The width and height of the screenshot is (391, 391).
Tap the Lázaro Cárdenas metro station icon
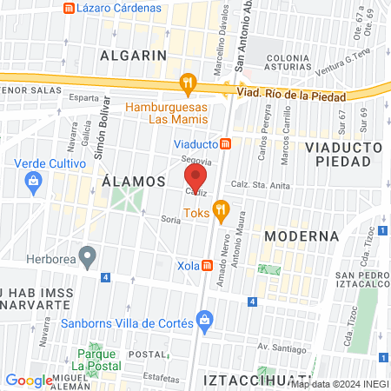[x=70, y=8]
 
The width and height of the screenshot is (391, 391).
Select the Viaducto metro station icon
[x=224, y=143]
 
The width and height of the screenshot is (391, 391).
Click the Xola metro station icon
[x=208, y=265]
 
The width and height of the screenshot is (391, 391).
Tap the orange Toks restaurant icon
[x=222, y=209]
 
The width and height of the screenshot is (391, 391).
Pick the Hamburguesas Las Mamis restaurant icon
[x=187, y=84]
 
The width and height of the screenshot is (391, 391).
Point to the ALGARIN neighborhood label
[x=133, y=55]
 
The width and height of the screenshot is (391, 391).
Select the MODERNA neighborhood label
[x=301, y=235]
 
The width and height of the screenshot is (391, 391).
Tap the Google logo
[x=29, y=380]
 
